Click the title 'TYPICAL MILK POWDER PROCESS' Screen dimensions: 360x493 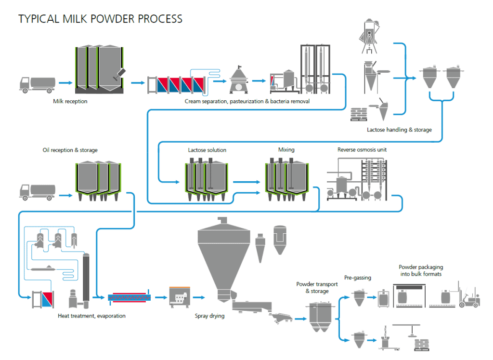[100, 19]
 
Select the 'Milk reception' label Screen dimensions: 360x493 [70, 101]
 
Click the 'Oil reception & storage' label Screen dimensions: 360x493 [70, 150]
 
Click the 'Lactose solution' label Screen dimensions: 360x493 [207, 150]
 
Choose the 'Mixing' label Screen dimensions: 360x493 [286, 150]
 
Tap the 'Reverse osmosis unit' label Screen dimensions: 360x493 [362, 150]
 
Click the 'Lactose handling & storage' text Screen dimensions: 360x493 [399, 130]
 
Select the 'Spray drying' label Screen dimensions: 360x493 [209, 316]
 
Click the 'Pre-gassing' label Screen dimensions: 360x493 [357, 278]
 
